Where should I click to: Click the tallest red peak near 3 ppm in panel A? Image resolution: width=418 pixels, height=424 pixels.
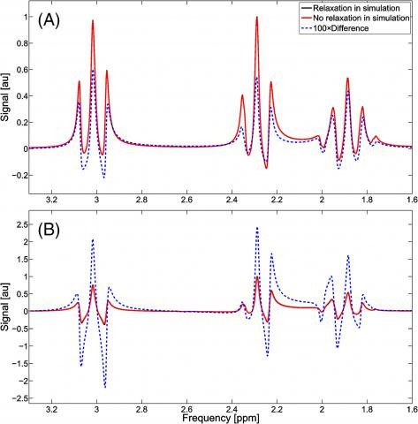(x=93, y=20)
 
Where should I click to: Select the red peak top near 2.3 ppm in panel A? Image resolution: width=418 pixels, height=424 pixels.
(x=256, y=17)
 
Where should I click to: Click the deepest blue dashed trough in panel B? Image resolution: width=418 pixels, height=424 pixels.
(x=104, y=387)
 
